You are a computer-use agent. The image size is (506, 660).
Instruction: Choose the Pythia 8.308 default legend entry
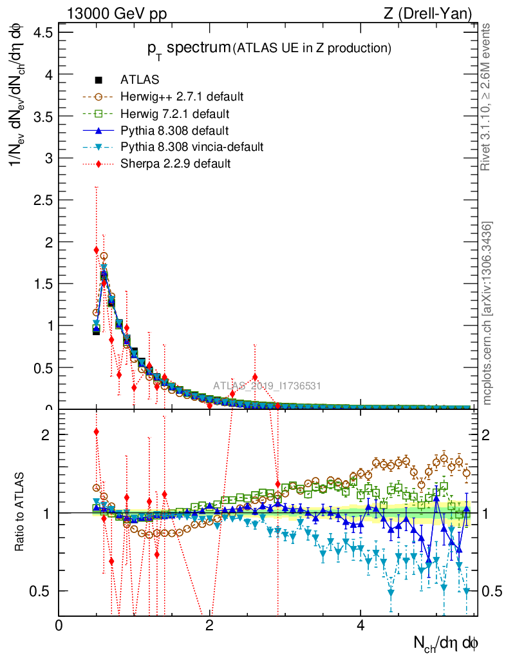tap(174, 131)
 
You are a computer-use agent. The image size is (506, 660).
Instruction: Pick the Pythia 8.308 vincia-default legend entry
tap(192, 148)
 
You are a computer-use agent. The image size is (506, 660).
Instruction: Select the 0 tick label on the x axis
tap(59, 626)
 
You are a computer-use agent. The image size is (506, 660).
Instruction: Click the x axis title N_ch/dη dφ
tap(445, 643)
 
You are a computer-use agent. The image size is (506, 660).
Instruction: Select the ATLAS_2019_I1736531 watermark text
tap(267, 386)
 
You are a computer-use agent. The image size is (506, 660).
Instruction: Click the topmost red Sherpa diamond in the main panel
tap(96, 250)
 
